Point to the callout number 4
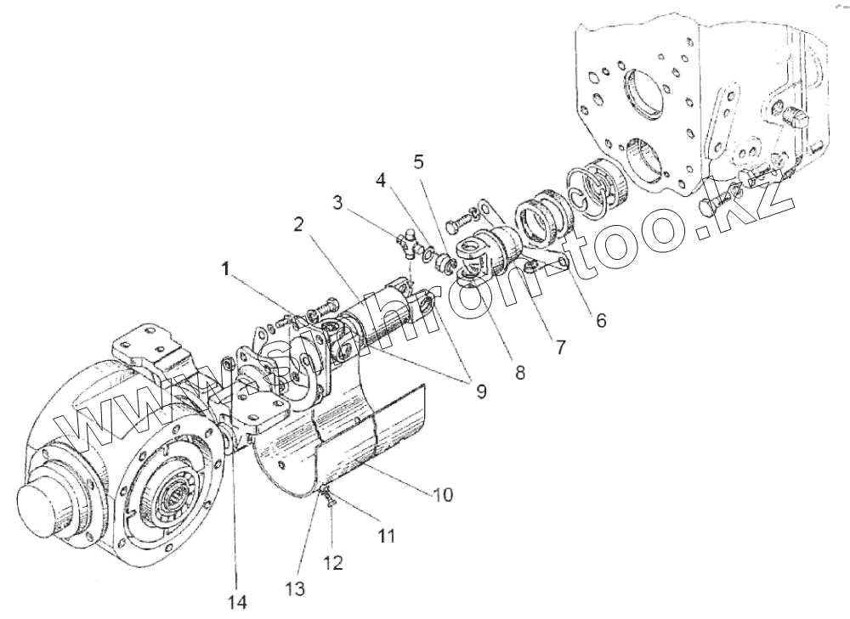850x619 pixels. (382, 181)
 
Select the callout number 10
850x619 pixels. (444, 492)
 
